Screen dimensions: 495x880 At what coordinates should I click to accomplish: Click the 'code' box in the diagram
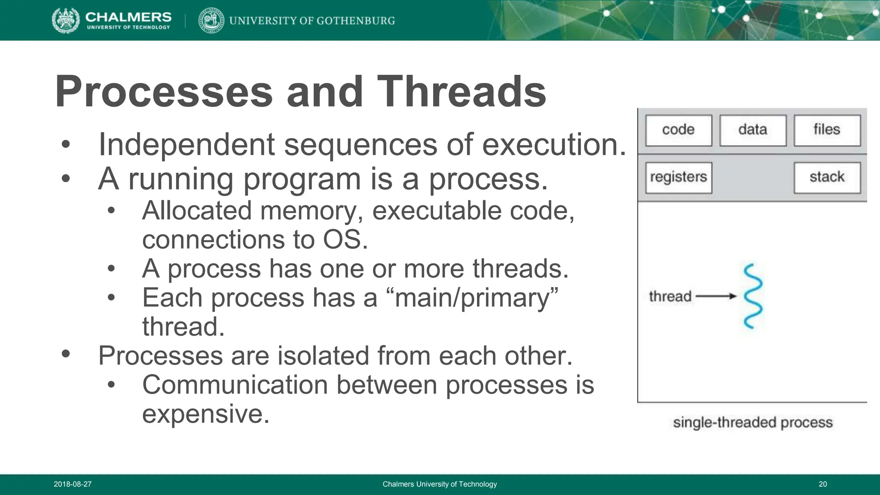678,130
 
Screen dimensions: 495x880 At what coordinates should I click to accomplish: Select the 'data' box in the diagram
753,130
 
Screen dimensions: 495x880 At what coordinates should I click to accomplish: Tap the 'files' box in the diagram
827,130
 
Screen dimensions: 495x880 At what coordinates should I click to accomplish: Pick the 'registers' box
678,177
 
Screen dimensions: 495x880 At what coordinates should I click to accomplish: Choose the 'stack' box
827,177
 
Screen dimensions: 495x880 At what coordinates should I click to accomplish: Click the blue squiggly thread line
753,296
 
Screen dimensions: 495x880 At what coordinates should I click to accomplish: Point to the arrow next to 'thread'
715,296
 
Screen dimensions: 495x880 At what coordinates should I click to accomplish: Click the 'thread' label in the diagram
670,296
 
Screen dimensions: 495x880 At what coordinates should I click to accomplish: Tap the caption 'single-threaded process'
753,423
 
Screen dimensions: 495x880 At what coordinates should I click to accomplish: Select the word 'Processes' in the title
164,92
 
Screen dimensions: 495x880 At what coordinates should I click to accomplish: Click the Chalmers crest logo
66,21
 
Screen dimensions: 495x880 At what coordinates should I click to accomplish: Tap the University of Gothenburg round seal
211,21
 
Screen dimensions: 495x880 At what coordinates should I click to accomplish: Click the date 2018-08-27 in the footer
73,484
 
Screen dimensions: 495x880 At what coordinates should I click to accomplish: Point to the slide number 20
822,484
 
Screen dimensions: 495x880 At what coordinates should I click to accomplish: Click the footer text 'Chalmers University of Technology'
440,484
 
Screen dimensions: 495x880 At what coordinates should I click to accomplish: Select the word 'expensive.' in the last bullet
205,414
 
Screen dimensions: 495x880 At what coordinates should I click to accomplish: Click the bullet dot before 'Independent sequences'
65,145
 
